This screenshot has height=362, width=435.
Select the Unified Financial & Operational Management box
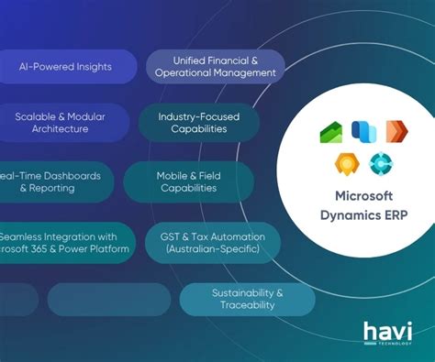[x=215, y=66]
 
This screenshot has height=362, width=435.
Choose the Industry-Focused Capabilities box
[x=193, y=123]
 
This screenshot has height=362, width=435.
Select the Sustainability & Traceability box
[x=248, y=299]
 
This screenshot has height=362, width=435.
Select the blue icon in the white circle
[x=362, y=130]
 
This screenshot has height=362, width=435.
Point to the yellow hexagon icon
[x=346, y=165]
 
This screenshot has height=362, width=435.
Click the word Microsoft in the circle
[x=362, y=195]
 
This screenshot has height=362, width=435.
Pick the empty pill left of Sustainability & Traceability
[x=108, y=299]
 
